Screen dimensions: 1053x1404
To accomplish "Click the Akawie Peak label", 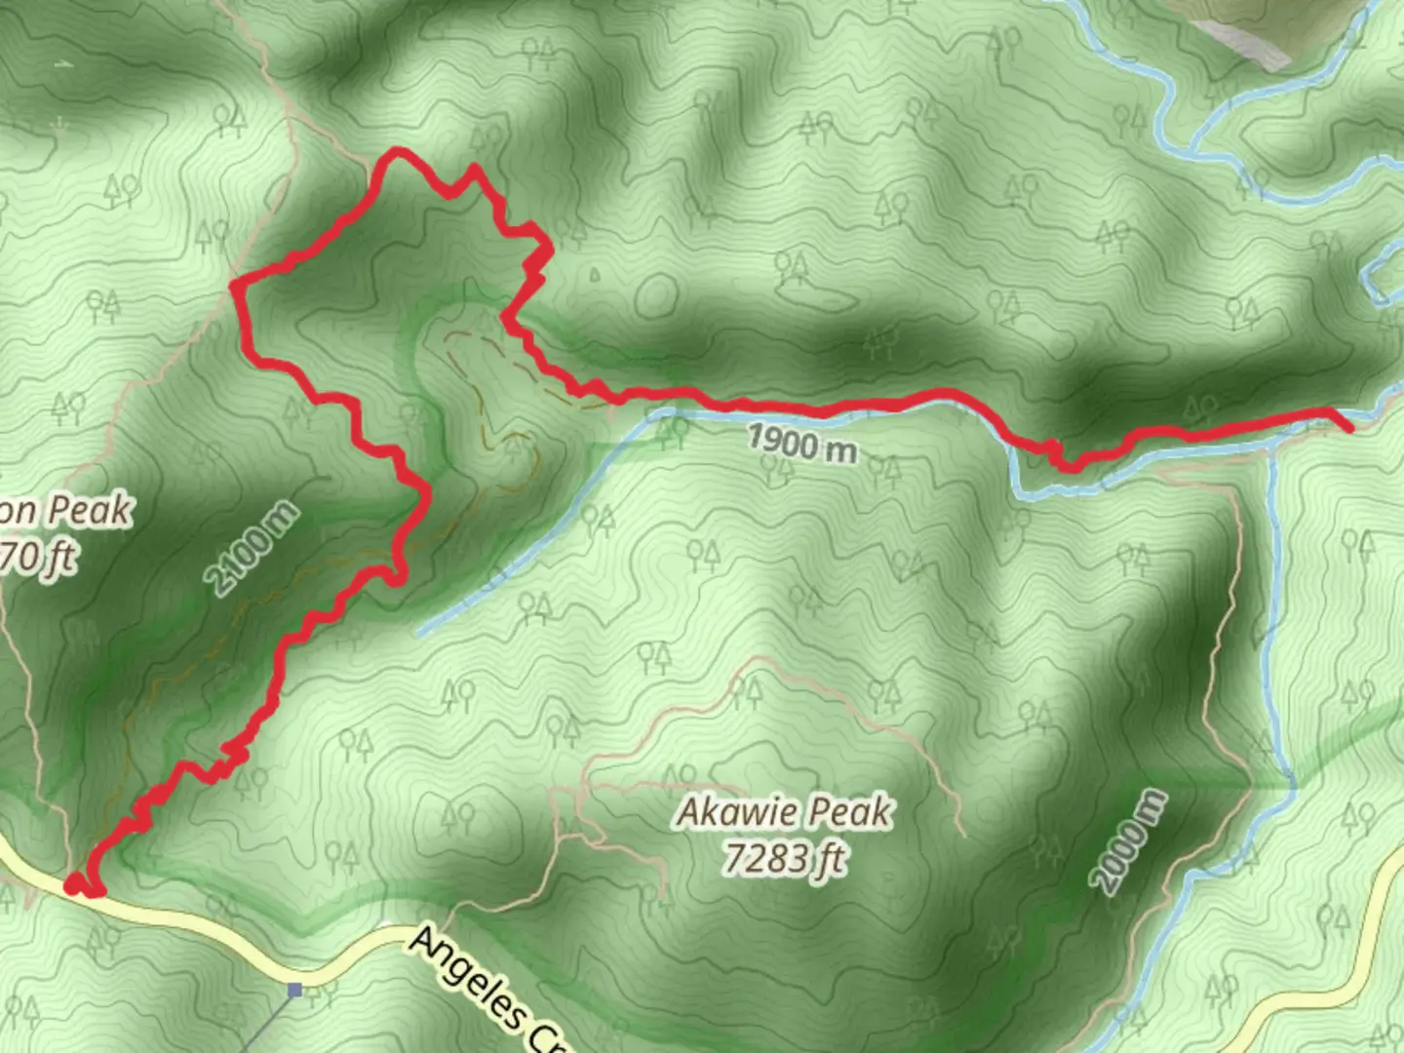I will (x=785, y=811).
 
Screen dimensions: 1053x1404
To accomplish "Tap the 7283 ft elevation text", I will (x=785, y=858).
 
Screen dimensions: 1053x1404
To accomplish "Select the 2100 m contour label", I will (x=253, y=548).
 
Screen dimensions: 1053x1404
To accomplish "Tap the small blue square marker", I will (x=294, y=991).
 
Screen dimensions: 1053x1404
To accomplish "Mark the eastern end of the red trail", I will (x=1348, y=427).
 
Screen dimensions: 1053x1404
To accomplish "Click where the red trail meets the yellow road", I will (x=74, y=885).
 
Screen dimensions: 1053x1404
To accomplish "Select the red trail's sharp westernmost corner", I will (x=234, y=284).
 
